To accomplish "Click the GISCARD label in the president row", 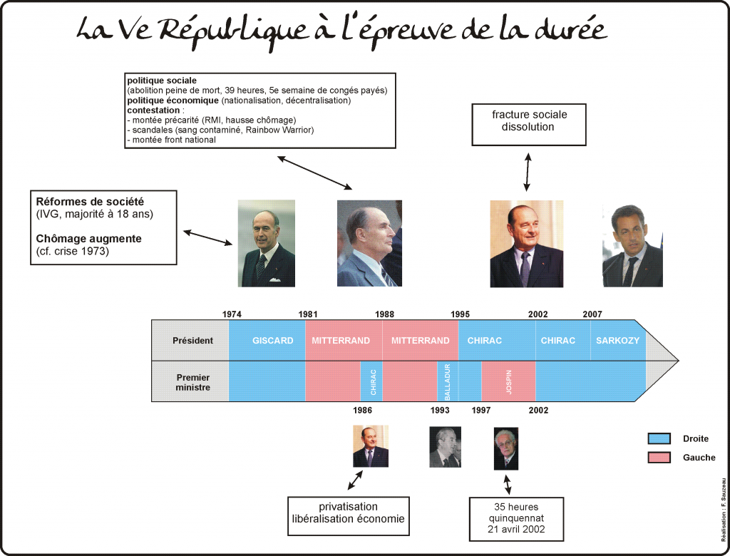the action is [x=273, y=341].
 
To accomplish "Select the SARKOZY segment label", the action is [x=618, y=341].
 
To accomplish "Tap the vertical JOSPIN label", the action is [x=509, y=382].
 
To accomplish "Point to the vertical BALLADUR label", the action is [x=448, y=382].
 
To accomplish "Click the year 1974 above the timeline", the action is [x=232, y=314].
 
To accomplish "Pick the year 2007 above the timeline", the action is [x=592, y=314].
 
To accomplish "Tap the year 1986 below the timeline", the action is [x=362, y=411].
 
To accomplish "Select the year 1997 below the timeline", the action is [x=481, y=411].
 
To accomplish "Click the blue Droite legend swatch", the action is [x=659, y=438].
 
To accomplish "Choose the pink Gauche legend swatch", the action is [x=659, y=458].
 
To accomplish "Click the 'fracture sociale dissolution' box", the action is [x=529, y=125].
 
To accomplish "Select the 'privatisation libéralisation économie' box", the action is [x=348, y=516].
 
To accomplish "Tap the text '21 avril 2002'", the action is [x=516, y=529].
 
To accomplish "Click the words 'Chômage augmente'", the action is [x=88, y=238].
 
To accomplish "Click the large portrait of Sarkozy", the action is [x=632, y=245].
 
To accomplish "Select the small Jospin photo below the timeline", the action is [x=506, y=449].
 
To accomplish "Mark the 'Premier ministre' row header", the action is [x=192, y=382].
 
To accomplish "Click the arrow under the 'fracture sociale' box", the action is [x=527, y=172].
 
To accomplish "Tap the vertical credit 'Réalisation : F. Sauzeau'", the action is [x=724, y=510].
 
